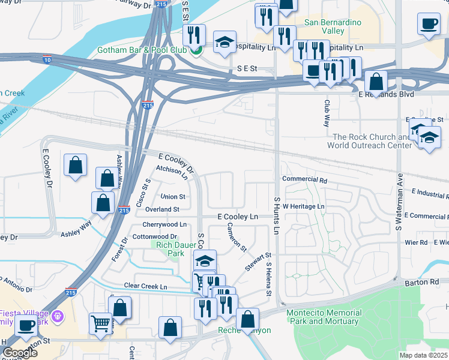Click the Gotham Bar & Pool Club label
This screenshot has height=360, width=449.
142,49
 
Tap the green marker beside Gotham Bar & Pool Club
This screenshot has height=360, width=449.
195,50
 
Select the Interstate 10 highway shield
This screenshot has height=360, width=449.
47,59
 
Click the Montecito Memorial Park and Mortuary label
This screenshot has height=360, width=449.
324,316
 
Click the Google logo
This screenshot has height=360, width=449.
20,353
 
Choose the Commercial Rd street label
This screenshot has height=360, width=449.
304,179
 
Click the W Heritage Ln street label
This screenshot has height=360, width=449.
303,206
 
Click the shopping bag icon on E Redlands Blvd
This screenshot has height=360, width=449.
376,82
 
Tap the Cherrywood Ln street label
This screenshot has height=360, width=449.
164,224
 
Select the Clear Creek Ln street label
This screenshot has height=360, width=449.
145,286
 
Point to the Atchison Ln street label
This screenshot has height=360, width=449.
172,170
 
